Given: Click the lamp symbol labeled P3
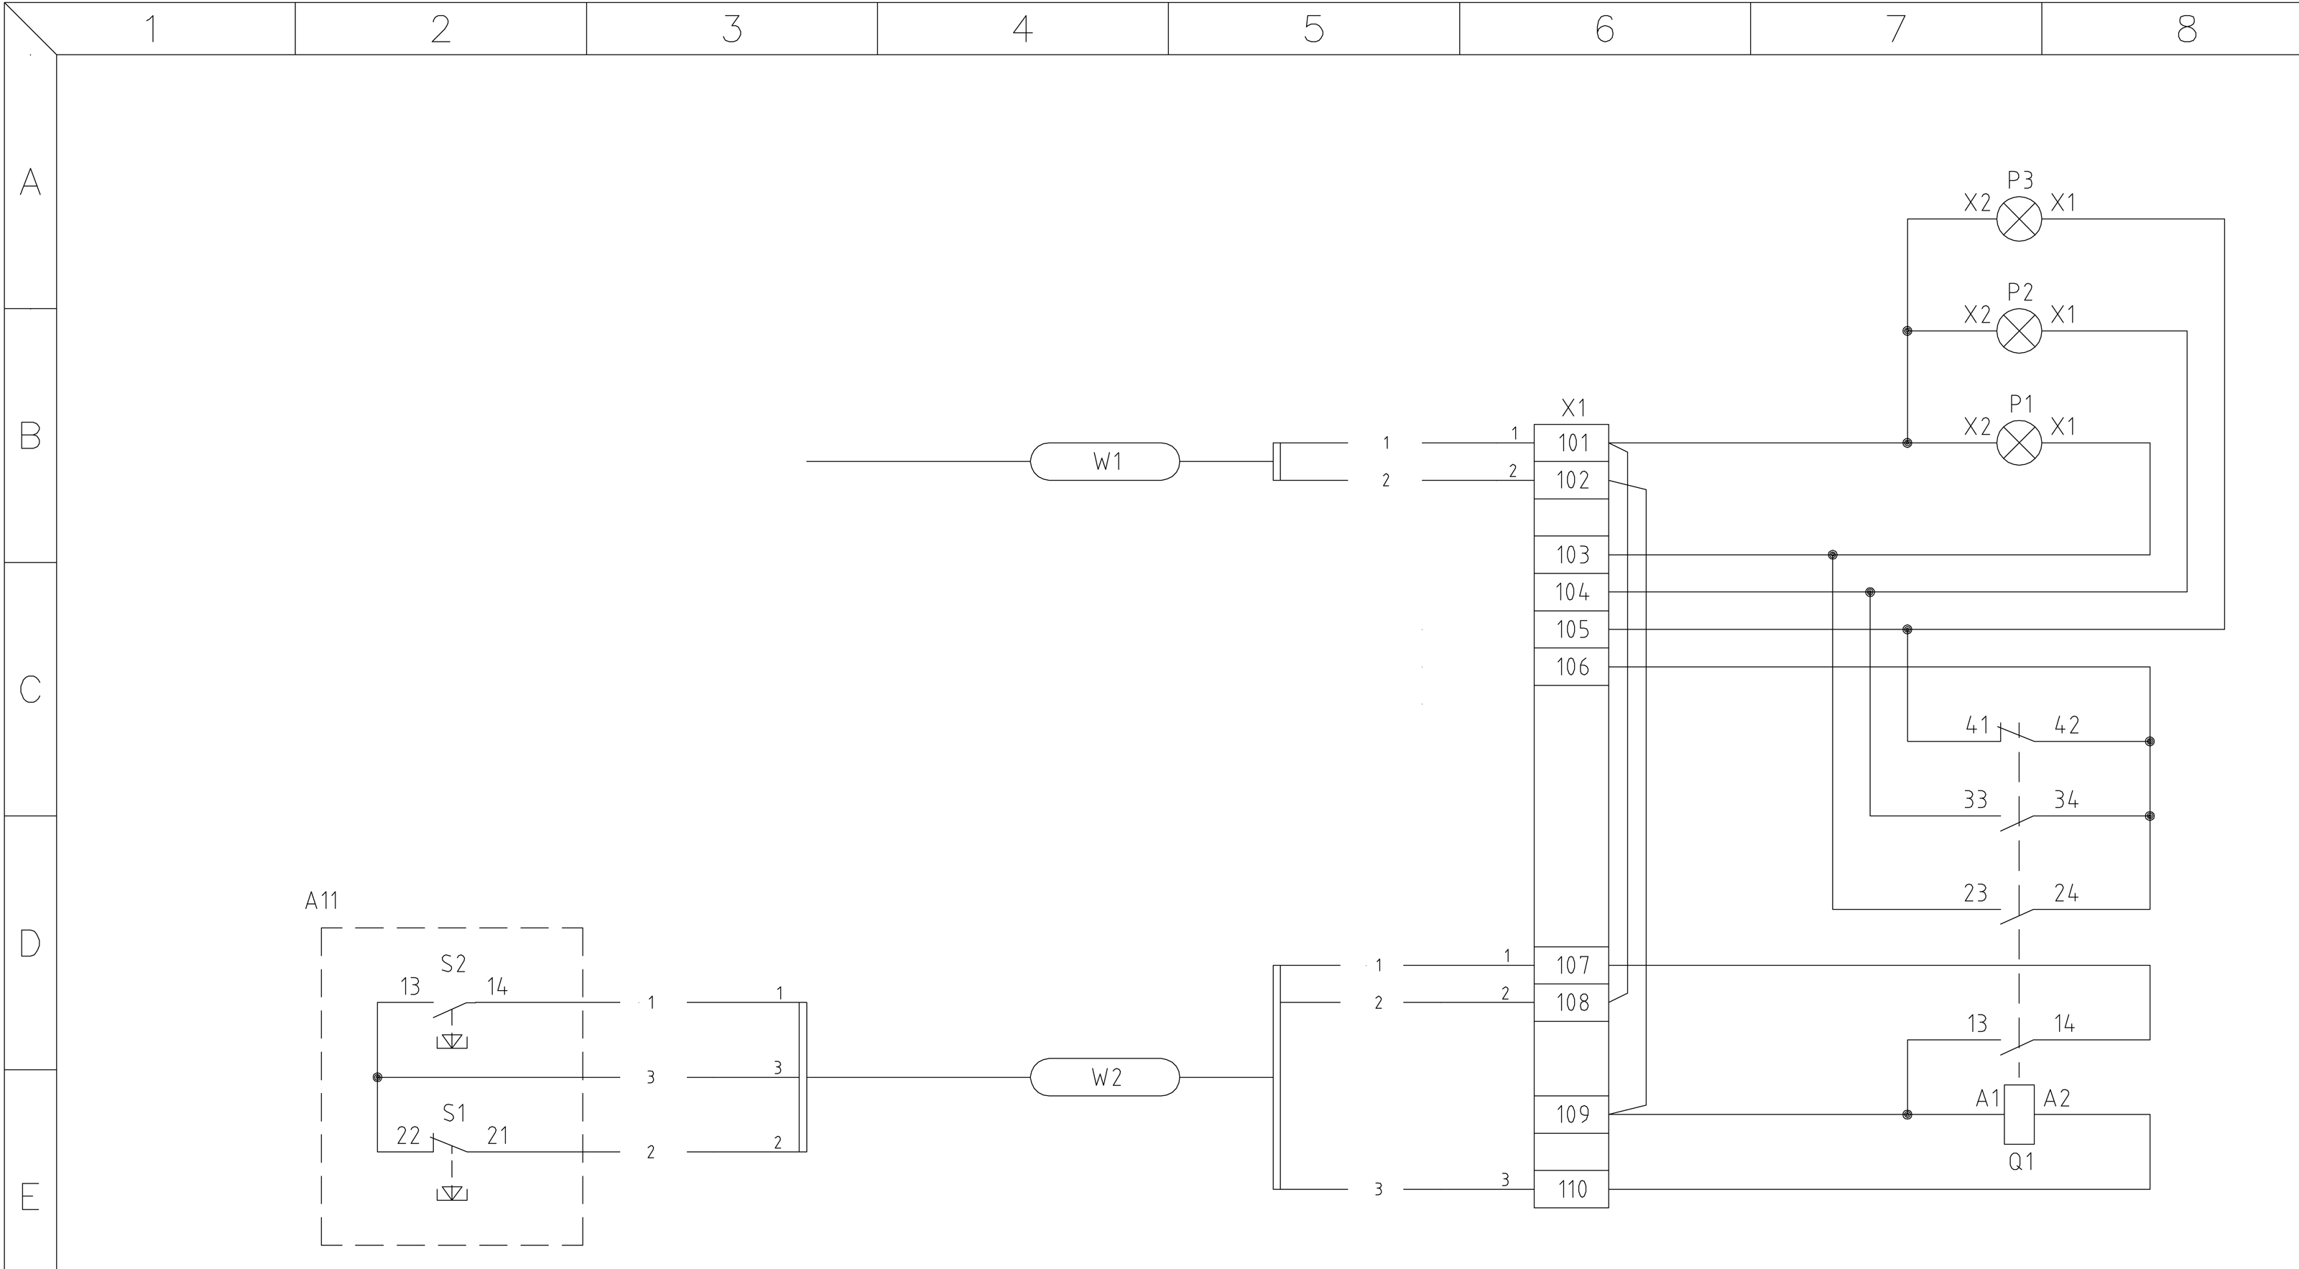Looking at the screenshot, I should click(x=2019, y=218).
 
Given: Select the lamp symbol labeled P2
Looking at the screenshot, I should click(x=2019, y=331).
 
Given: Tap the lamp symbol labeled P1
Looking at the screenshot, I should click(x=2019, y=443).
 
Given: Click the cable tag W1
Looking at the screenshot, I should click(x=1105, y=461).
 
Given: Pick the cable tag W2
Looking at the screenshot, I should click(x=1105, y=1077).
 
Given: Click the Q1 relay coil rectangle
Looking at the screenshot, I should click(x=2019, y=1114).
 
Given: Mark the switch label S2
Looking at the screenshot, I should click(x=453, y=964).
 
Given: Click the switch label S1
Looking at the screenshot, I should click(x=454, y=1113).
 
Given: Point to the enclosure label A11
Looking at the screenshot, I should click(x=321, y=900).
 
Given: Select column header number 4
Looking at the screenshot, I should click(x=1023, y=29).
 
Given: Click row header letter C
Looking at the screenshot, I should click(x=30, y=689).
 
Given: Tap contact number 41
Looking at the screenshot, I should click(x=1977, y=724).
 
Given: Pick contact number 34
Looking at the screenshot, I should click(x=2066, y=800).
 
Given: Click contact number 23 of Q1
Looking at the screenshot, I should click(x=1975, y=893).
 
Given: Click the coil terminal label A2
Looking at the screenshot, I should click(x=2057, y=1099).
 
